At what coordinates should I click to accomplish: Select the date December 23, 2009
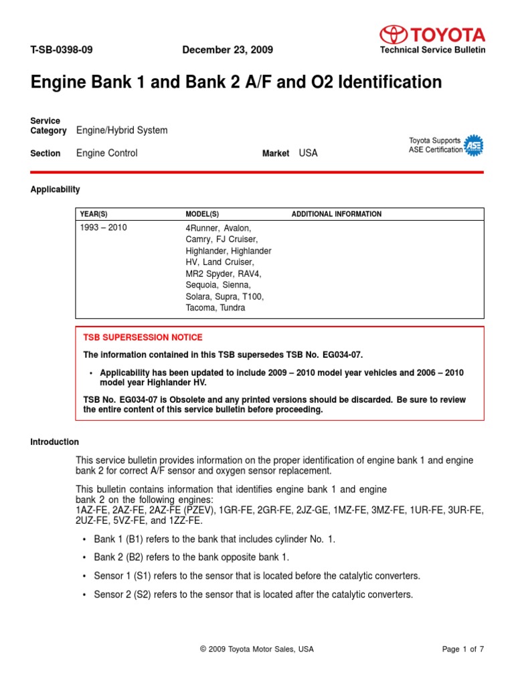coord(228,50)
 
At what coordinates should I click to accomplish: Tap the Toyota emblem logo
coord(393,34)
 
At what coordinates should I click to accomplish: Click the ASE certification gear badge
coord(474,145)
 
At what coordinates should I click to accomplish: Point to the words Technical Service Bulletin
coord(432,50)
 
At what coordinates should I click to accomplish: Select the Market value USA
coord(309,153)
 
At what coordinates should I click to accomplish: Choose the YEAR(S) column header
coord(94,214)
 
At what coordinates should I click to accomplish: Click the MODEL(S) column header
coord(202,214)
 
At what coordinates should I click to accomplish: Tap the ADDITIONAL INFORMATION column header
coord(337,214)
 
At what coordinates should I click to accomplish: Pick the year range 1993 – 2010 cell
coord(103,228)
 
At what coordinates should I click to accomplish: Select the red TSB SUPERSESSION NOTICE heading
coord(143,337)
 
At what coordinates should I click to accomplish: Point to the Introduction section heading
coord(55,442)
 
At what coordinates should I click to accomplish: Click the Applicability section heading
coord(55,189)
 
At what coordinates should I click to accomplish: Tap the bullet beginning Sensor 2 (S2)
coord(253,594)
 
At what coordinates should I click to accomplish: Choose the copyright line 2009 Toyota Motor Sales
coord(257,649)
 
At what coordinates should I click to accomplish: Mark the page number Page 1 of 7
coord(463,649)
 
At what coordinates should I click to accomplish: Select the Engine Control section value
coord(107,153)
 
